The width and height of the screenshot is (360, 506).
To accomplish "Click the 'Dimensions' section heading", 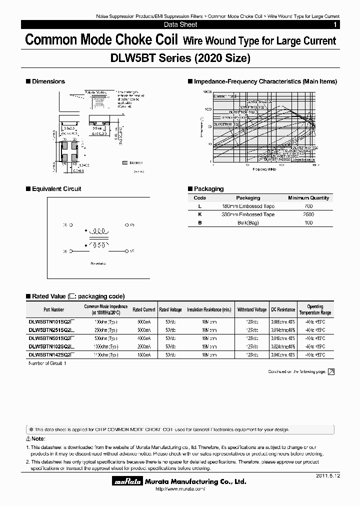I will (x=48, y=81).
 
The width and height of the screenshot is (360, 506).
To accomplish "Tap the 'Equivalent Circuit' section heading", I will (x=56, y=189).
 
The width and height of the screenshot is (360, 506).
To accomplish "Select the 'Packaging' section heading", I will (x=208, y=189).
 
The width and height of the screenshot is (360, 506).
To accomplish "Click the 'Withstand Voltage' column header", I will (x=252, y=310).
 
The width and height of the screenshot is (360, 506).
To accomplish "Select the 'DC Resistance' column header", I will (x=283, y=310).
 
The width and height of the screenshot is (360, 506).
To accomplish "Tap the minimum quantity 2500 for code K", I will (x=308, y=214).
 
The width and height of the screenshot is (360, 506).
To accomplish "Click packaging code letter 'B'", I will (x=200, y=222).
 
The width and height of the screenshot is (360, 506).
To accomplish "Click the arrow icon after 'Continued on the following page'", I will (x=331, y=371).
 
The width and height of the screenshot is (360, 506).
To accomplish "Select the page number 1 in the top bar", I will (x=334, y=24).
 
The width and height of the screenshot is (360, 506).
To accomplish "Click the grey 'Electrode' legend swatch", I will (x=124, y=163).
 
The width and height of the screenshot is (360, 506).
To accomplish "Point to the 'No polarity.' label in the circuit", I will (x=99, y=263).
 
